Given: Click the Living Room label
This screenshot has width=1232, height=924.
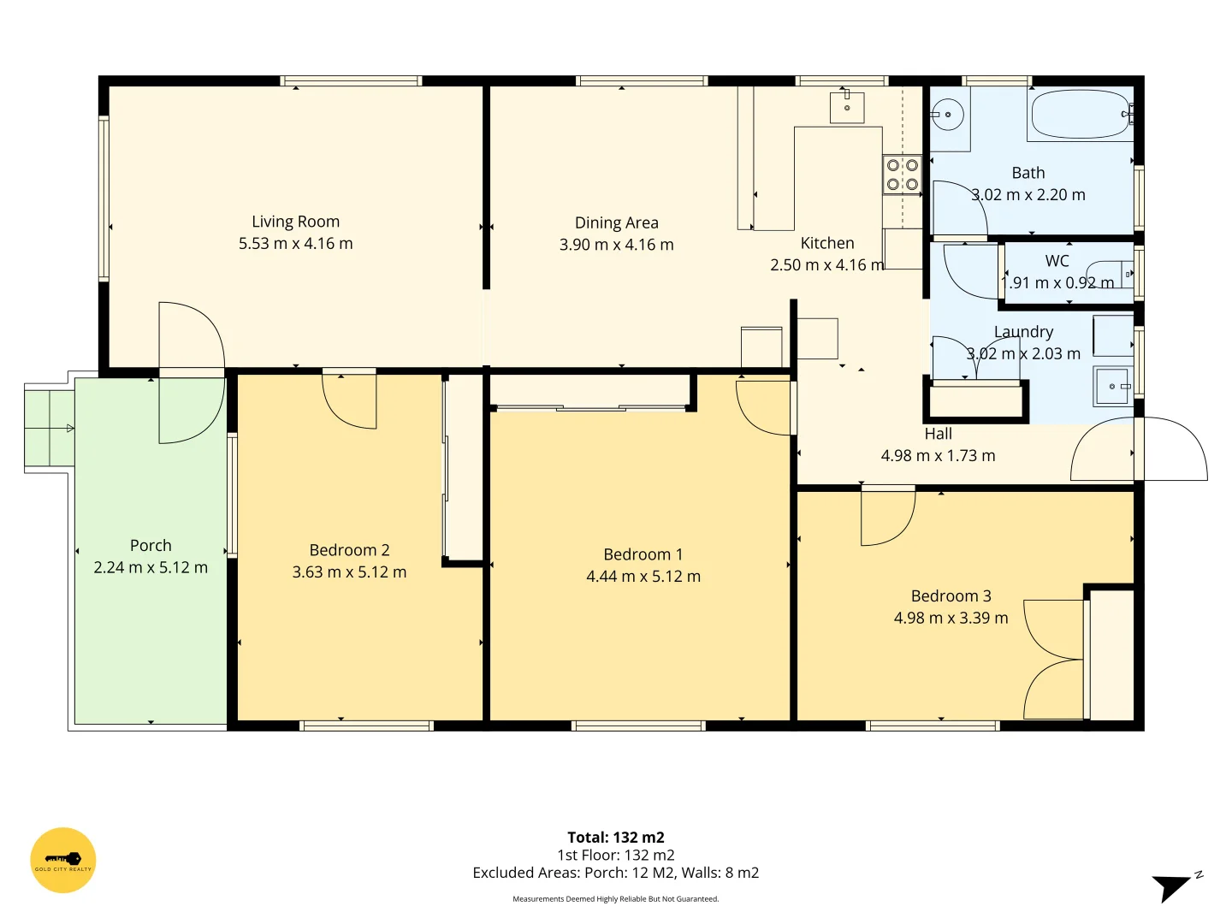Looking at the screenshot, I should coord(295,222).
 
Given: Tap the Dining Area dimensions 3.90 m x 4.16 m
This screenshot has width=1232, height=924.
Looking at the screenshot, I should coord(616,245).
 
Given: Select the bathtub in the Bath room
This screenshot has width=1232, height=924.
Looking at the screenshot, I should coord(1081,115).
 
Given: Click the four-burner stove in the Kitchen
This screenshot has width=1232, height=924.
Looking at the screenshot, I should coord(902,175).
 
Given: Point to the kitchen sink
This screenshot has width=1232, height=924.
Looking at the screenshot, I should coord(847,108).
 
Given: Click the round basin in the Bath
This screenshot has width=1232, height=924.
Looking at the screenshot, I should coord(948,115).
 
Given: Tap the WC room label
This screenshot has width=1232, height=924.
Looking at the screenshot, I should coord(1057,261).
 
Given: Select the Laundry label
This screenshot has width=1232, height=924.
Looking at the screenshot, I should coord(1023,332).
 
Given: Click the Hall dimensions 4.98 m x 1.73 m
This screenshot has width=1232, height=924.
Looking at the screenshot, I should coord(938,456).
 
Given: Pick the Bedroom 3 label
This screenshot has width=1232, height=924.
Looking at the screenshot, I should coord(951,596).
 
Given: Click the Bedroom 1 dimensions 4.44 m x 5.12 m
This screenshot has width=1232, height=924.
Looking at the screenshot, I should coord(643,577).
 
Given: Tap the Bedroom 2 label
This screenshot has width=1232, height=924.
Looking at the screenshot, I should coord(349,550).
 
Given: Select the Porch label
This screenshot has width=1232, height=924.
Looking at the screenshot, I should coord(151,546).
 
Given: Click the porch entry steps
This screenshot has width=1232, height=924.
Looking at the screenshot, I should coord(50,428).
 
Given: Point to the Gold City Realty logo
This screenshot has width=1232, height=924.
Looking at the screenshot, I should coord(63,860).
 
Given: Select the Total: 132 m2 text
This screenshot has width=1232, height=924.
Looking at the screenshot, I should coord(615,838).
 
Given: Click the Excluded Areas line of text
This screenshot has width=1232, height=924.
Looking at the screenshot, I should coord(615,873).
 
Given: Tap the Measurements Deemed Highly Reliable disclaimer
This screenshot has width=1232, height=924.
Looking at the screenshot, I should coord(615,899).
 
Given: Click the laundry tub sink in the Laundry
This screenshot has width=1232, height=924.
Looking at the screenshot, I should coord(1112,387).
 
